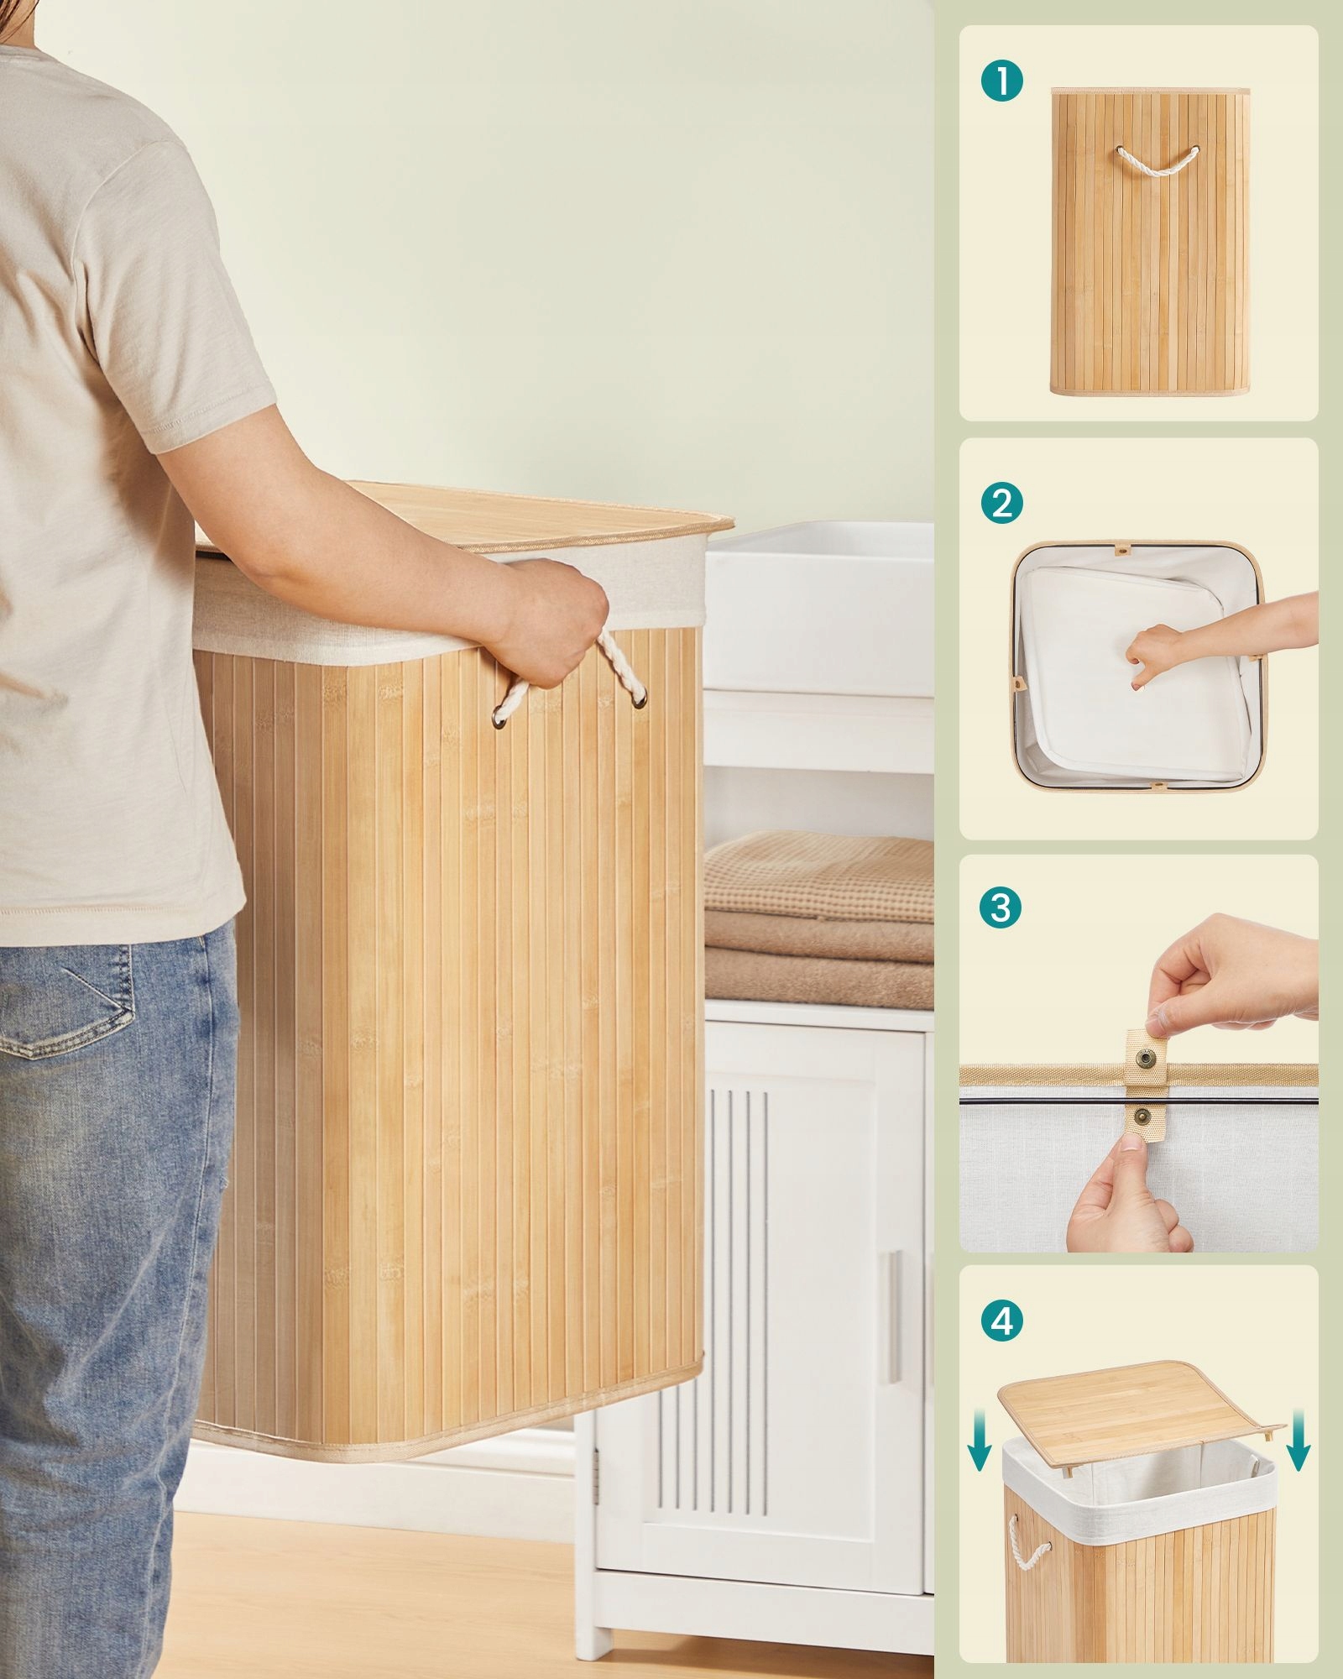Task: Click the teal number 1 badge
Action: [x=1001, y=81]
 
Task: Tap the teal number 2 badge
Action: [x=1001, y=503]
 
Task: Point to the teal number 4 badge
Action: [x=1001, y=1321]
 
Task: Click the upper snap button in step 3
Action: [x=1146, y=1056]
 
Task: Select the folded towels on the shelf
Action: [x=819, y=919]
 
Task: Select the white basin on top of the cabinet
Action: [x=818, y=604]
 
